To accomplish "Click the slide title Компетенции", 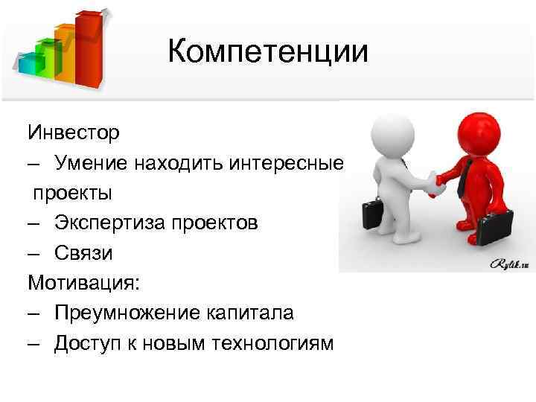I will pyautogui.click(x=268, y=51).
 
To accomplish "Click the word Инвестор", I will pyautogui.click(x=73, y=133).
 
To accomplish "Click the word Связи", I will pyautogui.click(x=83, y=253).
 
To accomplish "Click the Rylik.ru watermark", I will pyautogui.click(x=510, y=263).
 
